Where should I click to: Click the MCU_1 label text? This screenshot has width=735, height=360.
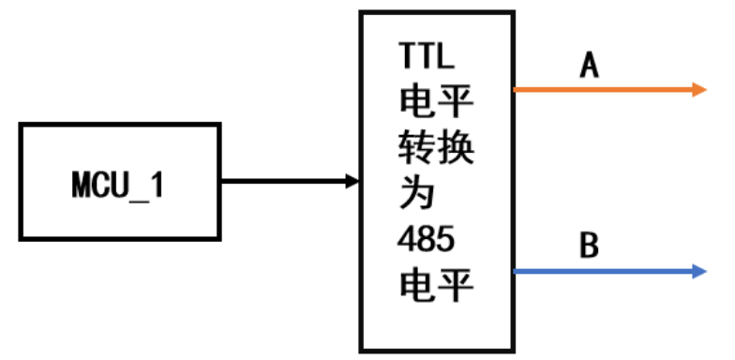pos(117,185)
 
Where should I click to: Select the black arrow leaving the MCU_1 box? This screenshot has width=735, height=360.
pos(281,180)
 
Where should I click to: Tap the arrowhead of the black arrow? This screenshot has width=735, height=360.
pos(352,180)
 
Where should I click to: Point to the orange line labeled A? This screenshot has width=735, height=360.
pos(600,90)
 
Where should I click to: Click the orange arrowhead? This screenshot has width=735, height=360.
pos(698,90)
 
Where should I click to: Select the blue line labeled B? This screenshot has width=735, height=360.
pos(600,272)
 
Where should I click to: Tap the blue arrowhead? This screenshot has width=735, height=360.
pos(698,272)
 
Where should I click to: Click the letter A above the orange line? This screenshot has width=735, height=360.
pos(589,66)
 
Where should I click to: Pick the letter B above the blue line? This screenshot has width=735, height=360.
pos(589,247)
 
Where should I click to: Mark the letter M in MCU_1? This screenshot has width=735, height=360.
pos(82,185)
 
